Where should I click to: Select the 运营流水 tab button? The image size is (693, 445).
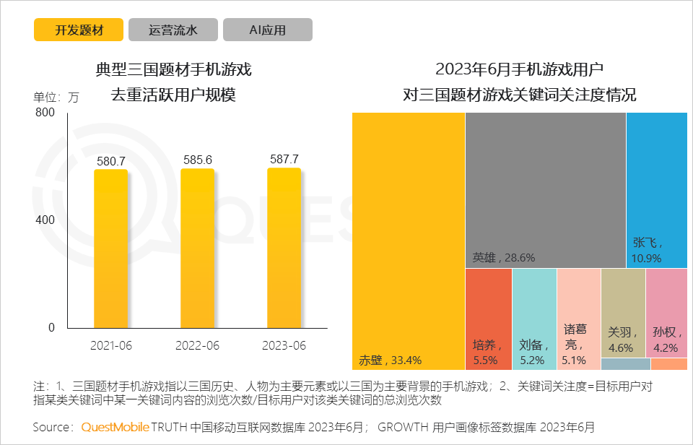[173, 30]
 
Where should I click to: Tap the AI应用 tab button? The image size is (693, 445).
[268, 30]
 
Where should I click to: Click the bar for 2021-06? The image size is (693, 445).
[111, 249]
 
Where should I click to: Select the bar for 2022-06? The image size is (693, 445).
[198, 249]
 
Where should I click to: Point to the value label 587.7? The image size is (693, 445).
[284, 159]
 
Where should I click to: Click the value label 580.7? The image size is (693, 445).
[111, 161]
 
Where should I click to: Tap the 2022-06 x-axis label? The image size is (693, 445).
[198, 346]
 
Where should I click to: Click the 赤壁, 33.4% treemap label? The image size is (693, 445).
[390, 360]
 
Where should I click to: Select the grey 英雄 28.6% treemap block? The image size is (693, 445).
[545, 189]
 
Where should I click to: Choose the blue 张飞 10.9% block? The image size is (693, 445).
[656, 190]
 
